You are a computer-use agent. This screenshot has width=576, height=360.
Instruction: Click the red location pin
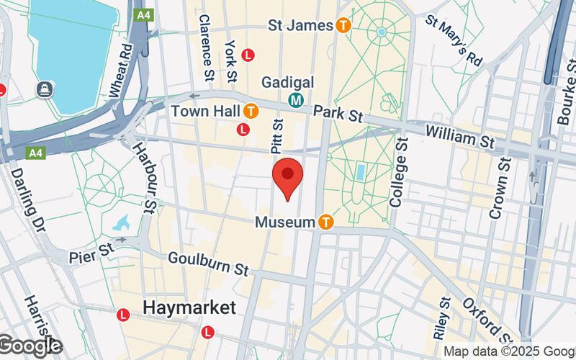[288, 177]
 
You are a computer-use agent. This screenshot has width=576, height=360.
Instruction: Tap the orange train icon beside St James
[343, 26]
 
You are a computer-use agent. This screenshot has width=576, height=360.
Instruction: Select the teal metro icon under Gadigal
[295, 101]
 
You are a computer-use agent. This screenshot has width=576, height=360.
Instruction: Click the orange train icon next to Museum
[325, 222]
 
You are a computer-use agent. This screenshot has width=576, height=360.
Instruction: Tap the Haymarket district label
[189, 307]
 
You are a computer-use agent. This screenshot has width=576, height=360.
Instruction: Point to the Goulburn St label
[208, 264]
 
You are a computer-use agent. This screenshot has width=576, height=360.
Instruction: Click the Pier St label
[91, 256]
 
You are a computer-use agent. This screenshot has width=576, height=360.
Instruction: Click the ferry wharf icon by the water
[45, 89]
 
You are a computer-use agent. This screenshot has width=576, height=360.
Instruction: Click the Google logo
[30, 346]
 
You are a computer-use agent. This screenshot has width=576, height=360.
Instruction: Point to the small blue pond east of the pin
[360, 172]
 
